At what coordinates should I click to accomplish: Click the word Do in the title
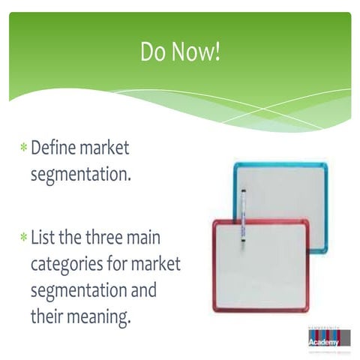coord(152,52)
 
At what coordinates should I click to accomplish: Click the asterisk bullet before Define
coord(24,148)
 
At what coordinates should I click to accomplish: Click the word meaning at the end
coord(99,316)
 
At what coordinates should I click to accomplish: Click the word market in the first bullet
coord(105,148)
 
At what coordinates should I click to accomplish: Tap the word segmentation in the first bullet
coord(79,175)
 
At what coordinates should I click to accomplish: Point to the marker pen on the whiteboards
coord(242,217)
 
